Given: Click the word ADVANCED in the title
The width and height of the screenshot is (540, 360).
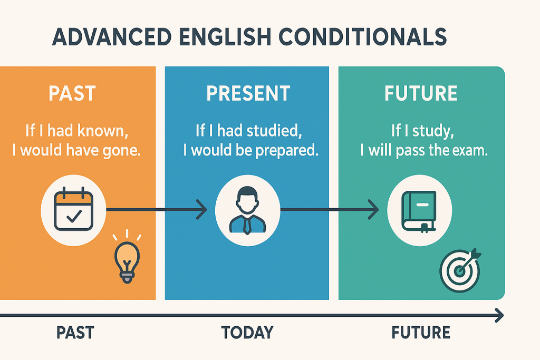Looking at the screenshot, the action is (x=112, y=37).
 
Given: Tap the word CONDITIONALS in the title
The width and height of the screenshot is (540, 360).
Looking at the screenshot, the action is (x=363, y=37).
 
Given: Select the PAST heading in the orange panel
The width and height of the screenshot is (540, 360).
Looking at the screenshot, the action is (x=72, y=93).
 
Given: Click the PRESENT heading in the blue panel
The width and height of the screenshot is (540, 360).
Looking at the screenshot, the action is (x=248, y=93).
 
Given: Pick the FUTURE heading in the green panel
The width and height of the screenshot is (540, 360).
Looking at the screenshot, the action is (x=421, y=93).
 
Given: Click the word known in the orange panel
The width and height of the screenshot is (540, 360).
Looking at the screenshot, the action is (x=103, y=131).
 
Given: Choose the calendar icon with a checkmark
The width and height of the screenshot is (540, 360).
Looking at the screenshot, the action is (x=74, y=209).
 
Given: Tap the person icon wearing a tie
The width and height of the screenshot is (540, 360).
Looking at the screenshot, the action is (x=247, y=210).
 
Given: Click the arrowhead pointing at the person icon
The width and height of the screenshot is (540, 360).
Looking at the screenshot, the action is (x=202, y=209).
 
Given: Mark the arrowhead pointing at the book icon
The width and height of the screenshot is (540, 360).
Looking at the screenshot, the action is (x=374, y=209).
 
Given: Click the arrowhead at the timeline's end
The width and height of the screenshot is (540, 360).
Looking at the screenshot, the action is (x=499, y=315).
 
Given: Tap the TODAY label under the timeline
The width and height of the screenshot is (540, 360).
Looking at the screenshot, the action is (x=247, y=333).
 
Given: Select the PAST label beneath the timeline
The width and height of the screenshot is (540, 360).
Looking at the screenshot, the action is (x=75, y=333).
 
